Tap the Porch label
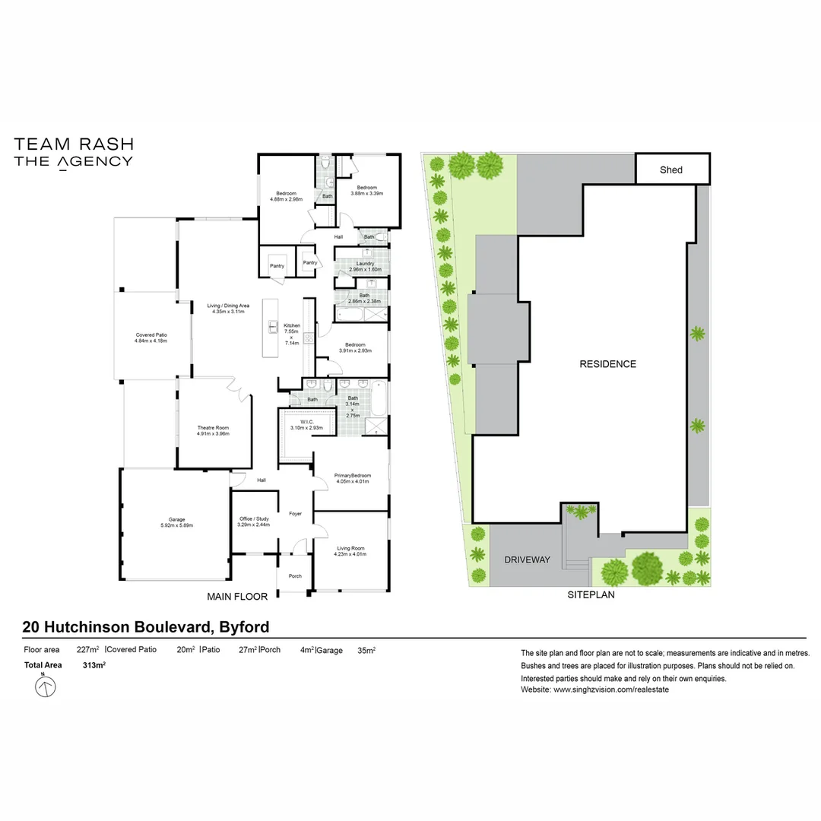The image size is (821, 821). [x=295, y=576]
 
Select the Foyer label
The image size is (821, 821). [x=295, y=514]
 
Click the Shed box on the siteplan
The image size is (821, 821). [x=671, y=170]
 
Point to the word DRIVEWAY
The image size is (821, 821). [x=527, y=560]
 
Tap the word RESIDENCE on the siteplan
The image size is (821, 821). [x=607, y=364]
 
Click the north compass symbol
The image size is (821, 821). [x=46, y=687]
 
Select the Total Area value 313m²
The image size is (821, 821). [x=94, y=665]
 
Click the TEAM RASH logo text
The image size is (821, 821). [x=74, y=144]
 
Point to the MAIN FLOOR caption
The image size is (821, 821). [x=237, y=597]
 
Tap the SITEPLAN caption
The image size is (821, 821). [x=591, y=595]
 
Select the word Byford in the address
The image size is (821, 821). [x=244, y=627]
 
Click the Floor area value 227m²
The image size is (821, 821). [x=87, y=650]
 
